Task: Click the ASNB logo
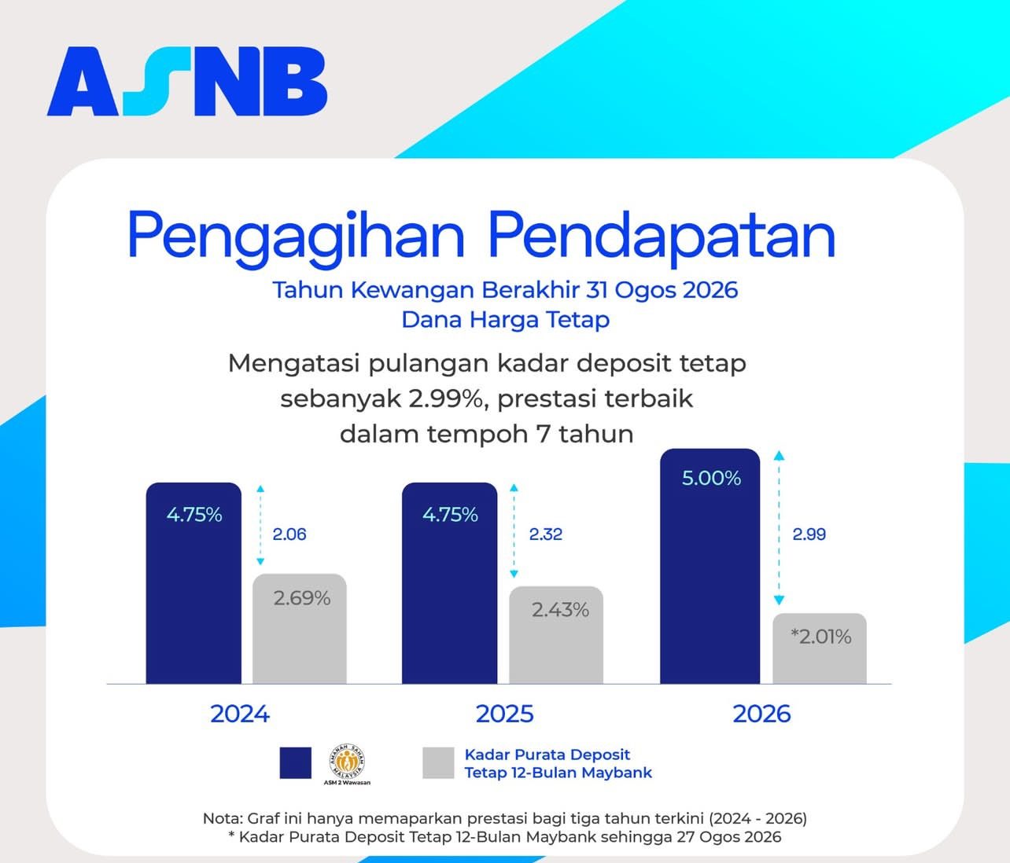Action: click(x=187, y=82)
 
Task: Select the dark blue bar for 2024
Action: click(x=194, y=583)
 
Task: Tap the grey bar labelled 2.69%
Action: click(x=300, y=629)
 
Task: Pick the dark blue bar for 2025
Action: click(x=449, y=583)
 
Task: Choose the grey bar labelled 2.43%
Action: click(x=556, y=635)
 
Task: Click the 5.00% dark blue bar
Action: click(x=710, y=566)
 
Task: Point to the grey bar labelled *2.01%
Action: click(x=820, y=648)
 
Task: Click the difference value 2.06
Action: click(x=289, y=534)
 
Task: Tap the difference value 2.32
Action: click(x=546, y=534)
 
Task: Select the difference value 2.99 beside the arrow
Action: click(x=809, y=534)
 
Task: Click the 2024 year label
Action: click(x=240, y=714)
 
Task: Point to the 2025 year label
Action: click(x=505, y=714)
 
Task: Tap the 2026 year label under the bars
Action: click(x=761, y=714)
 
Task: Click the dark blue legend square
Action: click(x=296, y=763)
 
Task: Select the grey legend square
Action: click(x=438, y=763)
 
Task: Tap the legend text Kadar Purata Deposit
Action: click(x=547, y=755)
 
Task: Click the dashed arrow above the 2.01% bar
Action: click(x=779, y=528)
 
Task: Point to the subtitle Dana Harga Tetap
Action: click(x=506, y=320)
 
